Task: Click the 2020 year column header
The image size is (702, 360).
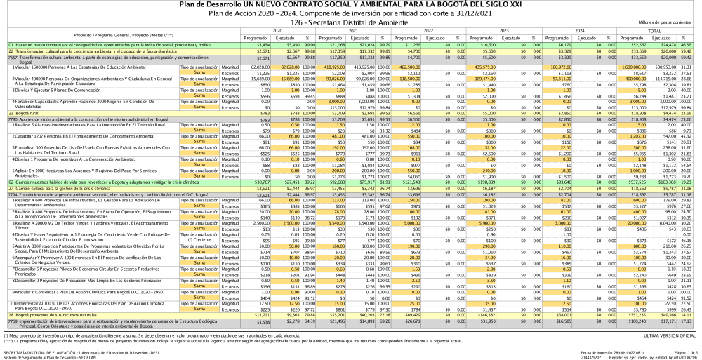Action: tap(277, 32)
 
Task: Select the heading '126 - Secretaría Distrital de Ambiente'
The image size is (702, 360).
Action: tap(351, 23)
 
